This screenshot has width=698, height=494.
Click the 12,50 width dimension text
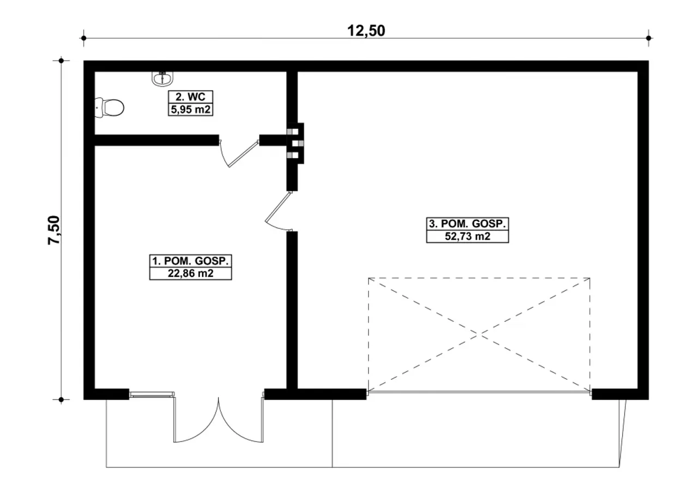[x=366, y=31]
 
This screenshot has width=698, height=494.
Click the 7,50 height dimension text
[x=53, y=230]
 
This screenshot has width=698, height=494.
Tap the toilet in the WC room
[x=109, y=108]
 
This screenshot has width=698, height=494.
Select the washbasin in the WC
[x=163, y=78]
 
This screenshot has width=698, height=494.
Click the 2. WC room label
[x=190, y=97]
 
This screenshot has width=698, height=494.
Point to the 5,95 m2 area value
[x=190, y=110]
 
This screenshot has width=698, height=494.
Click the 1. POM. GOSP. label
[x=190, y=261]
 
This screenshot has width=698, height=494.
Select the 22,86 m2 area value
[x=190, y=273]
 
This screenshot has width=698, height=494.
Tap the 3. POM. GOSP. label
[x=467, y=224]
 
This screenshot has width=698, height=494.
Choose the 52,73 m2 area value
[x=467, y=236]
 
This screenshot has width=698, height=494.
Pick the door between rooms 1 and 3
[x=278, y=211]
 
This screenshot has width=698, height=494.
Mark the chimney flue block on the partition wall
[x=295, y=143]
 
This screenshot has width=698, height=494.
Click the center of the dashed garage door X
[x=479, y=334]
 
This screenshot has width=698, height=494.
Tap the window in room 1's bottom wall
[x=152, y=395]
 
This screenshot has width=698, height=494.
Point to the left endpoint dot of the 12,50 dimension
[x=83, y=38]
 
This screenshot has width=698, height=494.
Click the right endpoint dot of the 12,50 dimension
[x=649, y=38]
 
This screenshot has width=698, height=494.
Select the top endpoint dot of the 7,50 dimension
[x=61, y=61]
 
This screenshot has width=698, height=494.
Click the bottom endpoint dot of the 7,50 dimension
[x=61, y=400]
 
